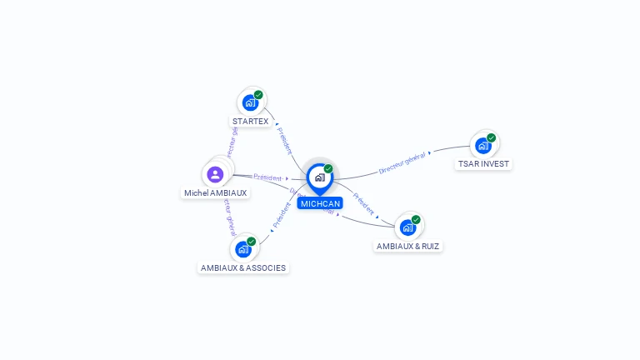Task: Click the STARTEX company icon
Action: coord(250,102)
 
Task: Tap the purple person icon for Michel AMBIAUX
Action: coord(215,174)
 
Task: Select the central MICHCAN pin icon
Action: coord(319,177)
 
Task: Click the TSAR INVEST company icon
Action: coord(482,146)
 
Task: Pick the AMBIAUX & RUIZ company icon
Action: coord(407,227)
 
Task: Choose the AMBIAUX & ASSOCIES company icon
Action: coord(242,248)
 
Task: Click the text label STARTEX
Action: coord(251,122)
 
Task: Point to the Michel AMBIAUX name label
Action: coord(215,193)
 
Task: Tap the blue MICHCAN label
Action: coord(320,203)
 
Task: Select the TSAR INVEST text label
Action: coord(483,164)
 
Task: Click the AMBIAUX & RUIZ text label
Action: coord(407,247)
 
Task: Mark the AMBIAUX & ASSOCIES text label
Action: coord(243,268)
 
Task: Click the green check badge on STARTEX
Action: coord(258,95)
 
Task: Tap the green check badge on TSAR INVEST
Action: coord(491,138)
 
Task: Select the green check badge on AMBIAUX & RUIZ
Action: coord(416,220)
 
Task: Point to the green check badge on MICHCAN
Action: coord(328,168)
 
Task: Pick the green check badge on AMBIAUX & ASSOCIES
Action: coord(251,242)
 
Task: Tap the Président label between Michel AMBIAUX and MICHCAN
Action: coord(267,177)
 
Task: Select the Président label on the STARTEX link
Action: coord(284,141)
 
